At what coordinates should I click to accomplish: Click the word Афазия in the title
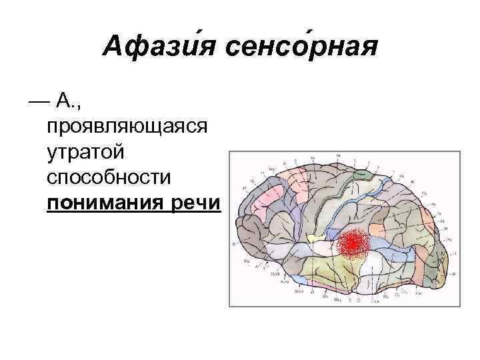(161, 47)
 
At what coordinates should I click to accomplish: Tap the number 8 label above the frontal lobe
(285, 163)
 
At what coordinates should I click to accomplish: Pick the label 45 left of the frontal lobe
(245, 189)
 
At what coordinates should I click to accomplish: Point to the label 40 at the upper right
(413, 181)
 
